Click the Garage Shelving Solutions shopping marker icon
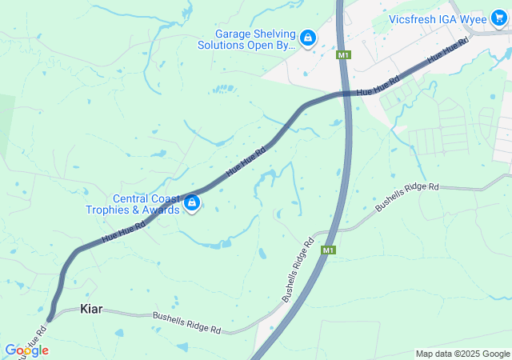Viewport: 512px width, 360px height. pyautogui.click(x=308, y=38)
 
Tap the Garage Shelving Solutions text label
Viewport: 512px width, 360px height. pyautogui.click(x=247, y=39)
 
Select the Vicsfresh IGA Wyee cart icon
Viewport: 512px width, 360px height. pyautogui.click(x=499, y=18)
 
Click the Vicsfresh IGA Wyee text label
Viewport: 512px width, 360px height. pyautogui.click(x=438, y=18)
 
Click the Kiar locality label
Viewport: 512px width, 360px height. pyautogui.click(x=91, y=309)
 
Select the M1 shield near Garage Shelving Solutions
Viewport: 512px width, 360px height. pyautogui.click(x=342, y=54)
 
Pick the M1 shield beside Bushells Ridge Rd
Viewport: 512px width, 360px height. pyautogui.click(x=328, y=250)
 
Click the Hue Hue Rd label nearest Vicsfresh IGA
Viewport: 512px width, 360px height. pyautogui.click(x=446, y=50)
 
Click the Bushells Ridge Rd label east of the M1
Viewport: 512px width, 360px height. pyautogui.click(x=407, y=196)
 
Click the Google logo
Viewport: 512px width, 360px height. pyautogui.click(x=26, y=350)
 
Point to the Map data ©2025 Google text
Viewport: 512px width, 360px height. pyautogui.click(x=462, y=354)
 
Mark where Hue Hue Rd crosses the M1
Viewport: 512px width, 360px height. pyautogui.click(x=346, y=93)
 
